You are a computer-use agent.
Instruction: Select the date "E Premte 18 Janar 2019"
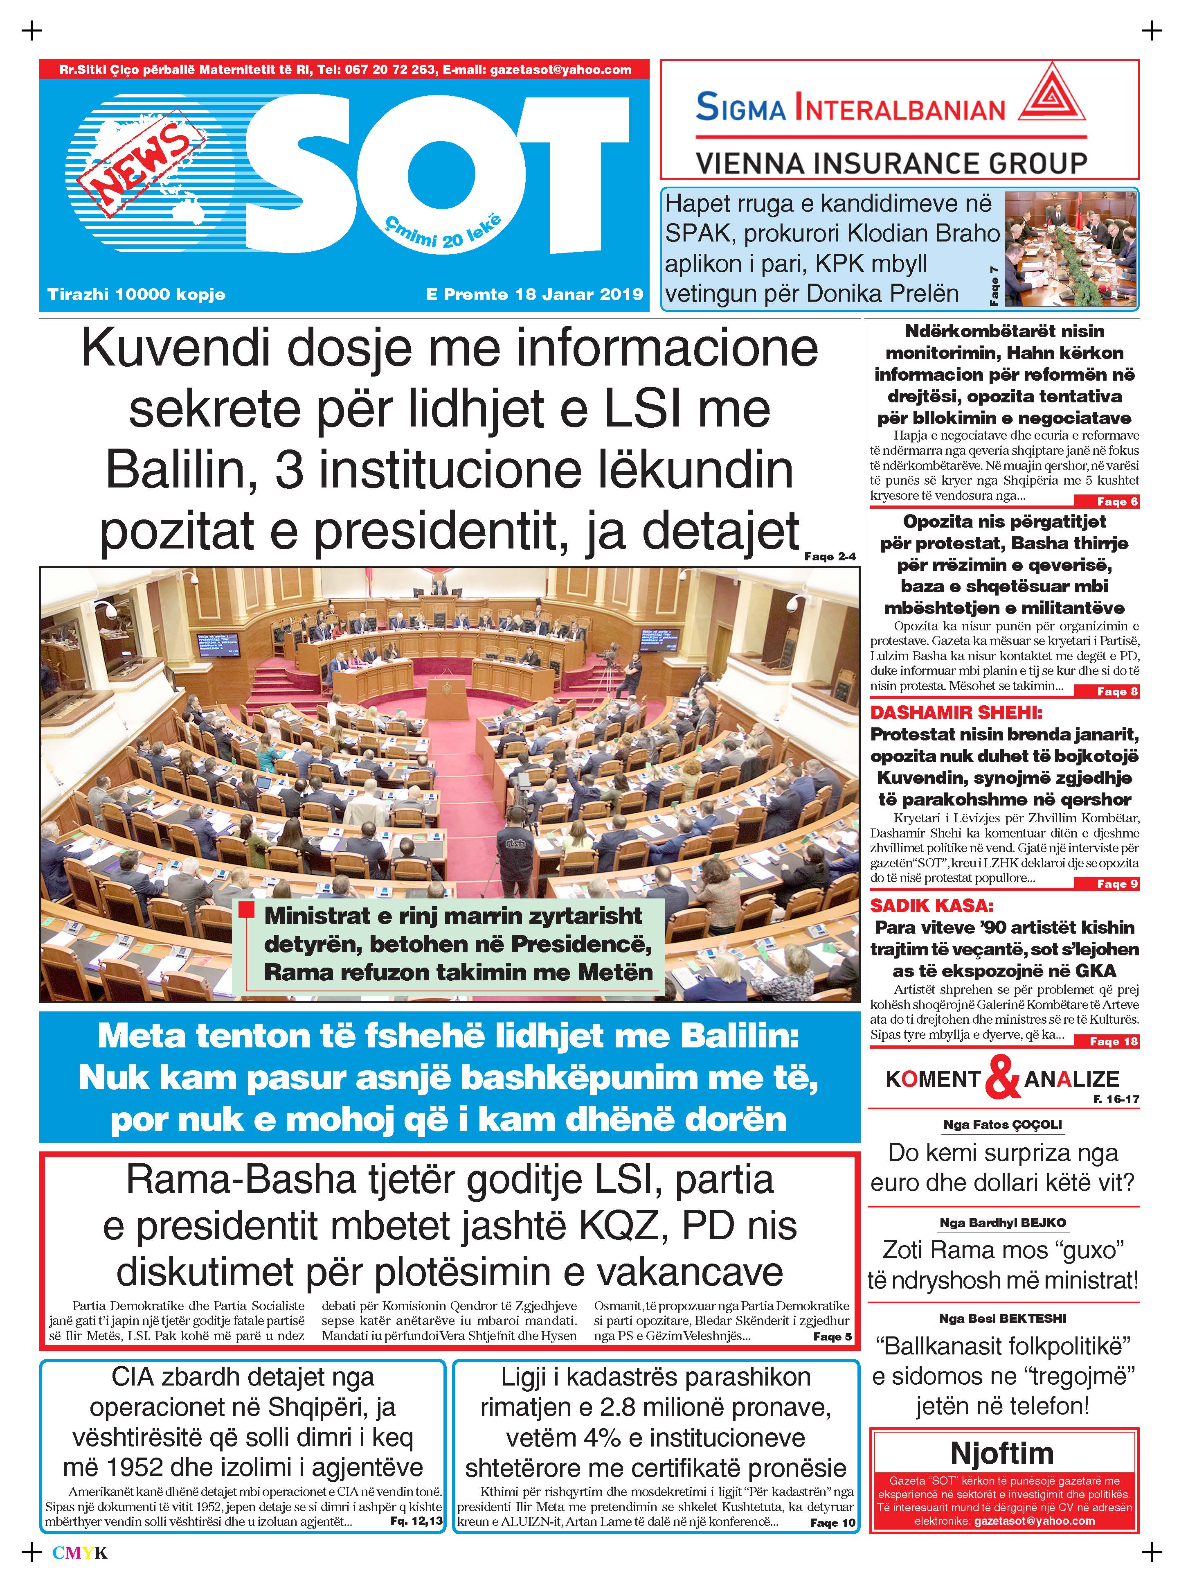(534, 294)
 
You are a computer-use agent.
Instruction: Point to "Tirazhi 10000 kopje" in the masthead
(137, 294)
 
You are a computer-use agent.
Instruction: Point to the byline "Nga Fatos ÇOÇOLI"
(1002, 1124)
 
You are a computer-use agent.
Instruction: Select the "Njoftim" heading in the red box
(1002, 1452)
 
